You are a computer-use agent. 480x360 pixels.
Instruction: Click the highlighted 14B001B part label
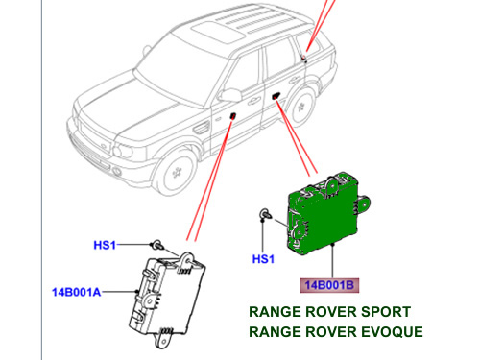coord(329,285)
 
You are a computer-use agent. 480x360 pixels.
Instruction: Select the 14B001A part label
coord(76,292)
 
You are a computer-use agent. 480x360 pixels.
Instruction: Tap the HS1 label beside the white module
coord(105,245)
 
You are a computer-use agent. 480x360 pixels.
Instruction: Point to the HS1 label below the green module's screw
coord(263,259)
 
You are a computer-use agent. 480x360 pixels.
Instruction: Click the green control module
coord(324,214)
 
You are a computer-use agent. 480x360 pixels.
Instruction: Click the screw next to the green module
coord(265,214)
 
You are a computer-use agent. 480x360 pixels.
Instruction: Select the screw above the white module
coord(157,244)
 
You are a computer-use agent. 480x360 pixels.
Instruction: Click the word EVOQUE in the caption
coord(392,332)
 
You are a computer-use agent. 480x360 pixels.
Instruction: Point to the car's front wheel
coord(176,172)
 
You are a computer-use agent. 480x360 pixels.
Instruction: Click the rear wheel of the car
coord(300,106)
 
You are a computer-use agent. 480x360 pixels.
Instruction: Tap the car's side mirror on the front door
coord(229,95)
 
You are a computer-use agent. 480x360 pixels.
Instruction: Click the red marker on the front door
coord(233,115)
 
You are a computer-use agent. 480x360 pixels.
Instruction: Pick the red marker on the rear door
coord(276,95)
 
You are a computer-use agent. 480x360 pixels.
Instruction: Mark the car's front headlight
coord(123,151)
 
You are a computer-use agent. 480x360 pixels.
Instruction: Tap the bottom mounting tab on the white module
coord(163,339)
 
